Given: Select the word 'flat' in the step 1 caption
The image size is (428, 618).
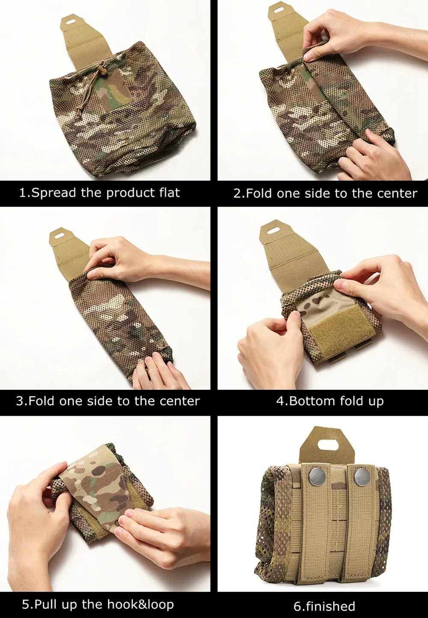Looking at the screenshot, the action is tap(169, 192).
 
